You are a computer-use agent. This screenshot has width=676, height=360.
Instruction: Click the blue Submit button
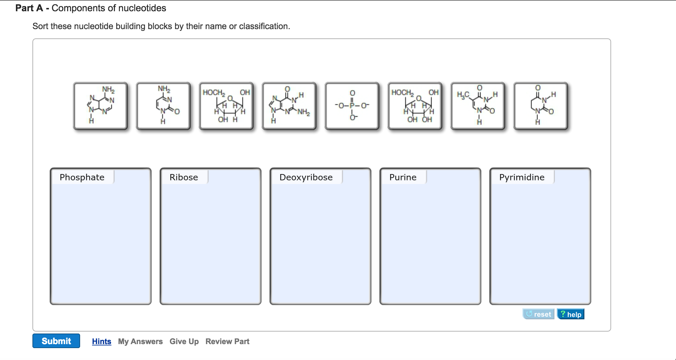pyautogui.click(x=56, y=341)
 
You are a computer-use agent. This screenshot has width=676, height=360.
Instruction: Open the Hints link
pyautogui.click(x=101, y=341)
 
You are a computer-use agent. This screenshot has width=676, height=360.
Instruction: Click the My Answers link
pyautogui.click(x=140, y=341)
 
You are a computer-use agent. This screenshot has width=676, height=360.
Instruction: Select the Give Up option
pyautogui.click(x=184, y=341)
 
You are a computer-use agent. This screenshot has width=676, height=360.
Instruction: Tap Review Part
pyautogui.click(x=227, y=341)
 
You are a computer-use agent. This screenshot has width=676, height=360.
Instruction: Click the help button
pyautogui.click(x=570, y=314)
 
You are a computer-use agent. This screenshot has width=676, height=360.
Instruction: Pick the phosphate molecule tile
pyautogui.click(x=352, y=106)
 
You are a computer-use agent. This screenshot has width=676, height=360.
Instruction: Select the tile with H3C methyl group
pyautogui.click(x=478, y=106)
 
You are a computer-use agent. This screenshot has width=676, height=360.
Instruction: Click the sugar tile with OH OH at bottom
pyautogui.click(x=415, y=106)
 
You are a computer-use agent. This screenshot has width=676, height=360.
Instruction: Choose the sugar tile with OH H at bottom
pyautogui.click(x=226, y=106)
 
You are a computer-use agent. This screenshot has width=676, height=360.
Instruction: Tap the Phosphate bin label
pyautogui.click(x=82, y=177)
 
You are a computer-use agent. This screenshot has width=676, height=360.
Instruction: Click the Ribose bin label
pyautogui.click(x=183, y=177)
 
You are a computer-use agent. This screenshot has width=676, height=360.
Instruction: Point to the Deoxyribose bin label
pyautogui.click(x=306, y=177)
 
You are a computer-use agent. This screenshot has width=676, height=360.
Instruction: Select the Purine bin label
pyautogui.click(x=403, y=177)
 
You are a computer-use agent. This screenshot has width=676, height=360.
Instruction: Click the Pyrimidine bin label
pyautogui.click(x=521, y=177)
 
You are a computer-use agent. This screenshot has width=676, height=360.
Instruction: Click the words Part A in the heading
pyautogui.click(x=29, y=8)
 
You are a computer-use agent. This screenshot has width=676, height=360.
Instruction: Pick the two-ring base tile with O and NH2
pyautogui.click(x=289, y=106)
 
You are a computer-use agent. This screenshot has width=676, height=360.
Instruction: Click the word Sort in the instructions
pyautogui.click(x=40, y=26)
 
